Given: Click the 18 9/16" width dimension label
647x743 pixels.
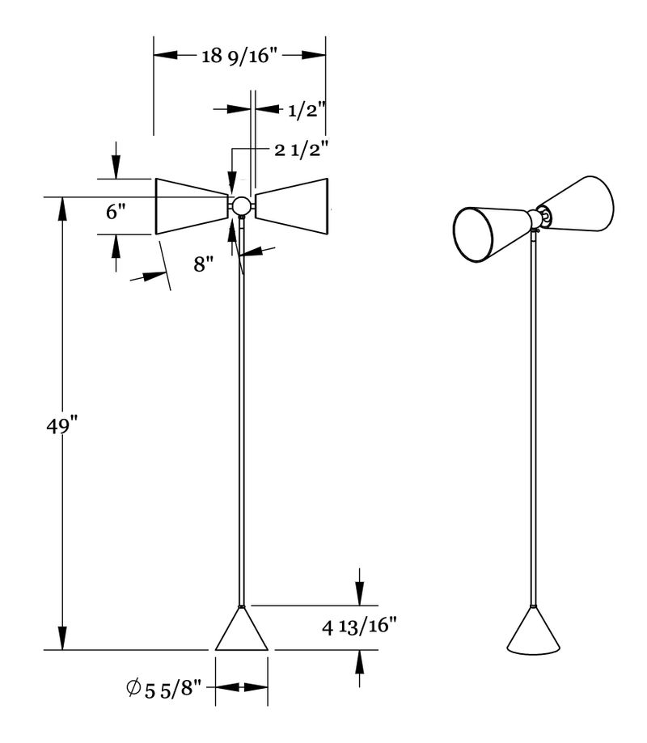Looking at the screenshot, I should coord(239,55).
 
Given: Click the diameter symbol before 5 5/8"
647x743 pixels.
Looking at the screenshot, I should coord(133,689).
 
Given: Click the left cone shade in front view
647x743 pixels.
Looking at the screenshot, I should coord(191,206).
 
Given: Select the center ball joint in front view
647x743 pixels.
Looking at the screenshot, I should coord(241,205).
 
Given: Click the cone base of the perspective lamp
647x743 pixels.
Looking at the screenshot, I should coord(533,635).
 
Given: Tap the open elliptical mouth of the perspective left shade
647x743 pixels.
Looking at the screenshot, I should coord(474,235).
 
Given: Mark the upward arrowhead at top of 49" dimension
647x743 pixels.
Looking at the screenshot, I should coord(61,206).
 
